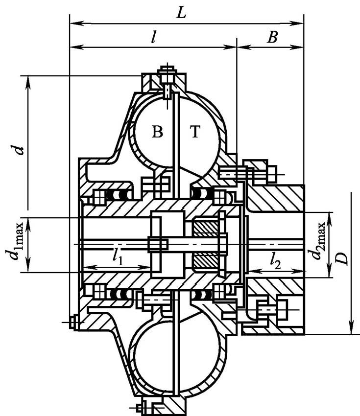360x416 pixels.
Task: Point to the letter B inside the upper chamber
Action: coord(157,133)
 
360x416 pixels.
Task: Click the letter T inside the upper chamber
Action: coord(195,133)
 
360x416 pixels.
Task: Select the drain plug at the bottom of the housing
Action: coord(145,406)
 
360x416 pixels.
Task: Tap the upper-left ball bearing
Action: coord(118,195)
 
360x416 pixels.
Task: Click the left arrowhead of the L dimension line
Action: coord(72,22)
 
